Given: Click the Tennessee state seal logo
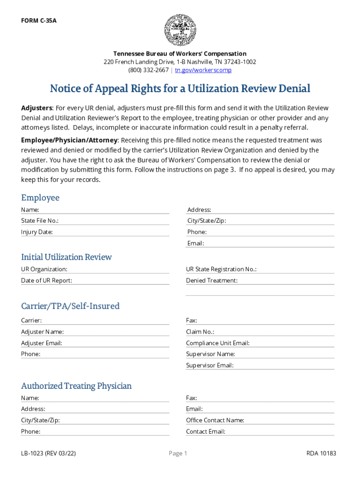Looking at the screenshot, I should coord(180,30).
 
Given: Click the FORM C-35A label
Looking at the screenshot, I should coord(39,21).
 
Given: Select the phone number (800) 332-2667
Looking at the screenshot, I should coord(149,70).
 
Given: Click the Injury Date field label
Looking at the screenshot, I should coord(37,232).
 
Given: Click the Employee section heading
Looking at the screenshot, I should coord(40,197).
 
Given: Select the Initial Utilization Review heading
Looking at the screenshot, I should coord(66,257).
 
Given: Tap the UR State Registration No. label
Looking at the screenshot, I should coord(221,269).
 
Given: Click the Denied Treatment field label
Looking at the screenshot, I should coord(212,281).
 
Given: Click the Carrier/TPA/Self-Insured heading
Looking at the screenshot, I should coord(70,306).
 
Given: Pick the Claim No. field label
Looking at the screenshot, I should coord(200,332).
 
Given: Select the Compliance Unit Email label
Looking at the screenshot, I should coord(218,343).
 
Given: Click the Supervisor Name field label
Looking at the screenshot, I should coord(210,354).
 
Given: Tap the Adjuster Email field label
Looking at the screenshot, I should coord(42,343).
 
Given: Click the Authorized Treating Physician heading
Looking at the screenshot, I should coord(76,386).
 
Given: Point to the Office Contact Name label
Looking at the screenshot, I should coord(215,420).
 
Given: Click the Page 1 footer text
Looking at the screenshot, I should coord(178,453).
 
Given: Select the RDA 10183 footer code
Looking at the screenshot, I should coord(321,453).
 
